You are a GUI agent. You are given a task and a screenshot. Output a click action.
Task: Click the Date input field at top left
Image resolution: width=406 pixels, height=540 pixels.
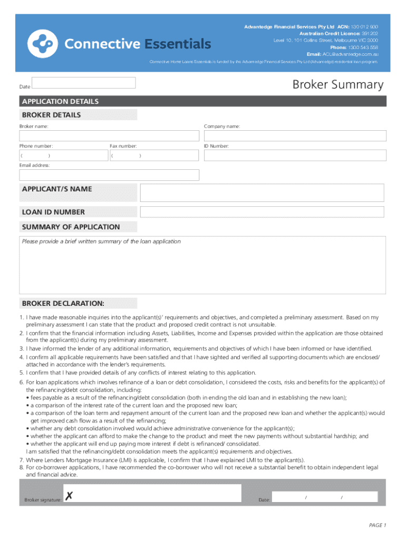[84, 83]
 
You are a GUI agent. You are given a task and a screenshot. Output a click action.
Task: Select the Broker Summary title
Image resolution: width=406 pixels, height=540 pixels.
[338, 84]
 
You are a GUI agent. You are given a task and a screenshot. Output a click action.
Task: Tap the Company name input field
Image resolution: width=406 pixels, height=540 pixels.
[295, 136]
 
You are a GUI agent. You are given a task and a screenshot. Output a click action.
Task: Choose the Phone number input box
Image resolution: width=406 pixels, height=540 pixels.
[63, 156]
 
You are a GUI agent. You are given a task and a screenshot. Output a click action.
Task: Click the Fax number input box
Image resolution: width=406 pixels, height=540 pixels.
[154, 156]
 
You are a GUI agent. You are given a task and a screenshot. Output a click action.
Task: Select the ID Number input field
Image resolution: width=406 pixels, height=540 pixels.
[295, 156]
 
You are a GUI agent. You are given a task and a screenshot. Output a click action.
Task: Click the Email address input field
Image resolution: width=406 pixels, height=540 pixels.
[109, 175]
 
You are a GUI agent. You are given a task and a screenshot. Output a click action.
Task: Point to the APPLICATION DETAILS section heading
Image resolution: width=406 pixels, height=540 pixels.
[60, 101]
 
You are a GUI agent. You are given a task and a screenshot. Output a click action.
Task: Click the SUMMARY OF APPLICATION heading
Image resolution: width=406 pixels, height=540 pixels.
[71, 227]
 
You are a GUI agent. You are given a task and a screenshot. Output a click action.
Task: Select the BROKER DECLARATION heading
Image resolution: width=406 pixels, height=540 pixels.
[63, 303]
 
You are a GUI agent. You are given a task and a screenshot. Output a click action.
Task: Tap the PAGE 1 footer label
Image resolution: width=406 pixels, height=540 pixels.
[377, 525]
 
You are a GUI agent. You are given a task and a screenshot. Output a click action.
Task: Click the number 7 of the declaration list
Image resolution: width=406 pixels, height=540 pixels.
[22, 460]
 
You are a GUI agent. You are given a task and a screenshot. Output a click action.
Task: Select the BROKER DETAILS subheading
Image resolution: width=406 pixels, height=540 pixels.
[51, 115]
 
